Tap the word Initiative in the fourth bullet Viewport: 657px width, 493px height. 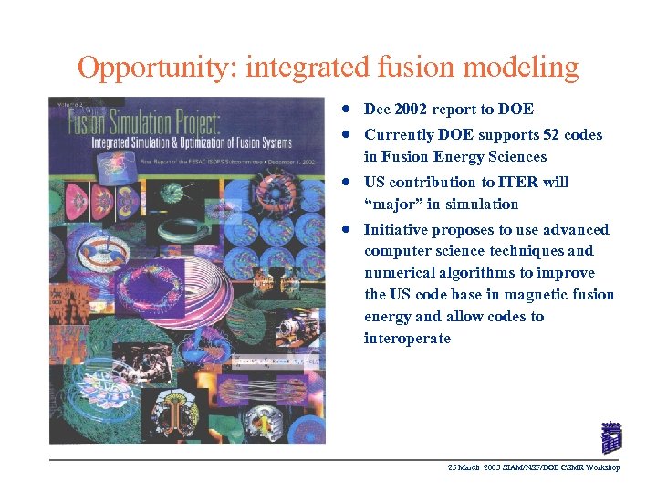click(x=395, y=229)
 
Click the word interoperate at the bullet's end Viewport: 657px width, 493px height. click(x=407, y=339)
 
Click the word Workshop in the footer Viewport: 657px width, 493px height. click(x=602, y=467)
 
